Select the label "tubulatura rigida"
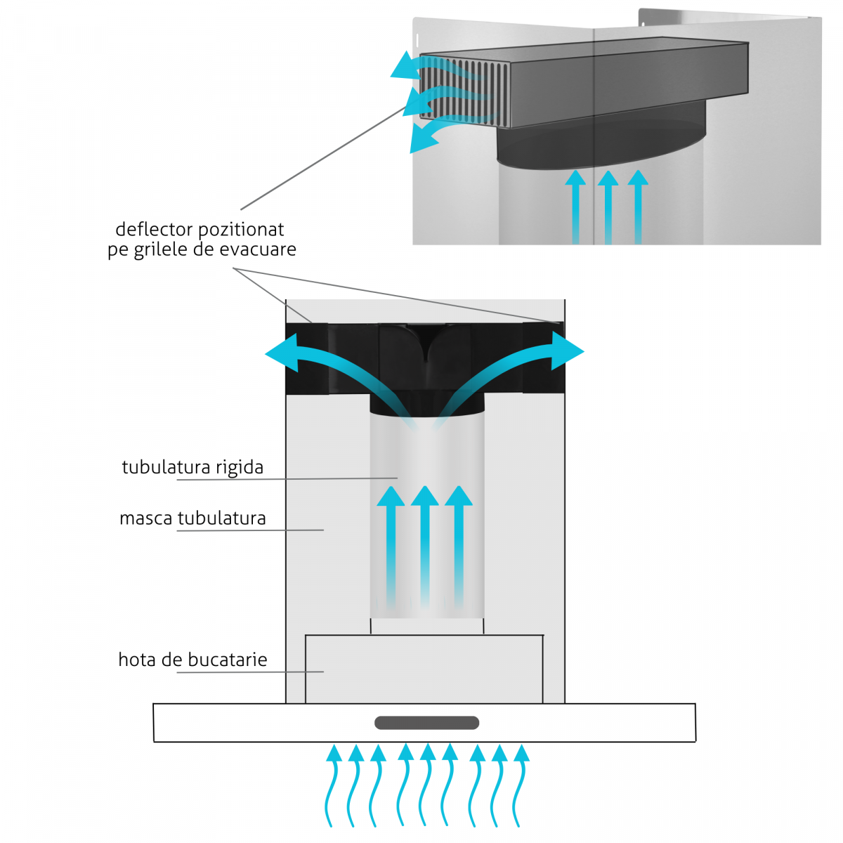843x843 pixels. [x=192, y=467]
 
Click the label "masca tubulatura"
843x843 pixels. [x=192, y=518]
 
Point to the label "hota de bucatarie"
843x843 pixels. [x=192, y=660]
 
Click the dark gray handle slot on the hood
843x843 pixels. [x=426, y=723]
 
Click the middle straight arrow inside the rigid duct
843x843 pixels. [x=425, y=541]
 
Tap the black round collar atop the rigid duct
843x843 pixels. [x=426, y=403]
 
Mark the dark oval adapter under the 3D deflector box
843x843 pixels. [x=601, y=144]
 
